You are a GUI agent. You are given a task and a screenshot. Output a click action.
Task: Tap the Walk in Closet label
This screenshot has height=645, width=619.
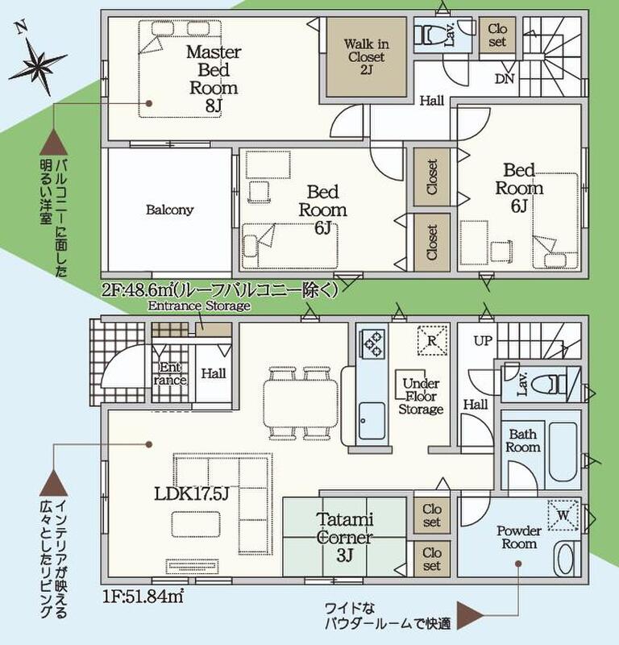pos(366,56)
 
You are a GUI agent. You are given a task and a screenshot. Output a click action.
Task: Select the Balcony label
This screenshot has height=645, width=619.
pos(169,210)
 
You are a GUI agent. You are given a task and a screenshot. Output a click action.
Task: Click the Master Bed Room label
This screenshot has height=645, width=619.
pos(214,78)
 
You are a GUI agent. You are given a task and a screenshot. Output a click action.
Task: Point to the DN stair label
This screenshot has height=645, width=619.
pos(505,78)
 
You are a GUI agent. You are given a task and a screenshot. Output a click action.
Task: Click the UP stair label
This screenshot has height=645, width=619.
pos(483,341)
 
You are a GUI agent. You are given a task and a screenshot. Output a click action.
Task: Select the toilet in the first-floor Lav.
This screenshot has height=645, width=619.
pos(551,385)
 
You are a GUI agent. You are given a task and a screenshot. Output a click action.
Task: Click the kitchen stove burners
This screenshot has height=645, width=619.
pos(372,344)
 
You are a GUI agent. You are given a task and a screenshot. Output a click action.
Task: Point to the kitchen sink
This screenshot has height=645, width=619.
pos(372,421)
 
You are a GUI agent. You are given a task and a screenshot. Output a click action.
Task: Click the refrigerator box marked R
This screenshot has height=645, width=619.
pos(432,340)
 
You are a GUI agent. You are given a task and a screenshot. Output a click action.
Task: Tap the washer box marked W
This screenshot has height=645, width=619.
pos(563,514)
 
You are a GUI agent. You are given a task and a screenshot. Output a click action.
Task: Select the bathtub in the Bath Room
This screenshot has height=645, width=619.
pos(563,451)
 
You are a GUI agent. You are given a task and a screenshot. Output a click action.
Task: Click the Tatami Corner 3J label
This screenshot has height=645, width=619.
pos(345,538)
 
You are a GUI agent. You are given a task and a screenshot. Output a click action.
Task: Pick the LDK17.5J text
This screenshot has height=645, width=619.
pos(191,494)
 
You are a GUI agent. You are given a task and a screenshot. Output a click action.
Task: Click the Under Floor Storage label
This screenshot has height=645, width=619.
pos(421,397)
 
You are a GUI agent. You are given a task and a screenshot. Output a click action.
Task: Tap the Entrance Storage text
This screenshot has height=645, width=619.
pos(199,306)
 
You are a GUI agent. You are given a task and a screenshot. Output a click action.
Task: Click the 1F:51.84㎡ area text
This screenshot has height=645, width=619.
pos(143,596)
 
